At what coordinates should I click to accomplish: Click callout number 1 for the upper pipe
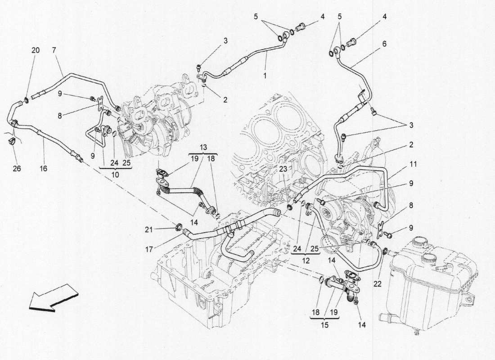coord(265,76)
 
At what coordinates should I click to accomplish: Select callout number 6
coord(384,44)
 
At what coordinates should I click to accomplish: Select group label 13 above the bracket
coord(203,148)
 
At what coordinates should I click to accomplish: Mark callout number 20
coord(35,50)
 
